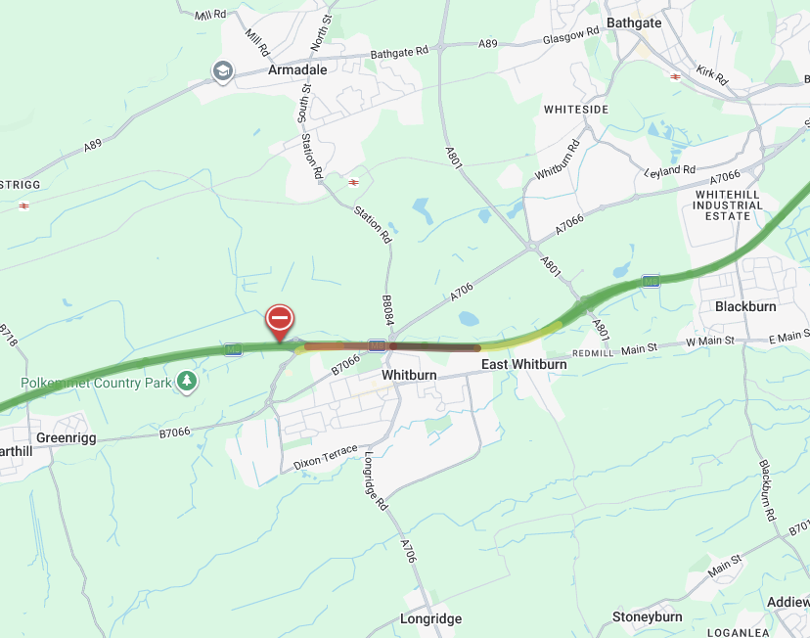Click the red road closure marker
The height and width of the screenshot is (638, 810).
pyautogui.click(x=280, y=319)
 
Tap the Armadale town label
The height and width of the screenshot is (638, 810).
pyautogui.click(x=297, y=70)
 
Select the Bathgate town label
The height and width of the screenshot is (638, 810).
pyautogui.click(x=634, y=23)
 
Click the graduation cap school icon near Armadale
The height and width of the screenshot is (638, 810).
pyautogui.click(x=223, y=70)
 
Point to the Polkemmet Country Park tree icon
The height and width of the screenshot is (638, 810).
pyautogui.click(x=186, y=382)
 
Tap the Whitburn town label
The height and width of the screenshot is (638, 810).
pyautogui.click(x=408, y=375)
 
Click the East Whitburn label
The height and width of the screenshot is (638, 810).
pyautogui.click(x=523, y=364)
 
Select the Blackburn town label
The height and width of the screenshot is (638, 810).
pyautogui.click(x=745, y=306)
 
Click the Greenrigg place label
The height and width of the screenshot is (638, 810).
pyautogui.click(x=67, y=437)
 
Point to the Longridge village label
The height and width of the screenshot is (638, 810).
pyautogui.click(x=430, y=618)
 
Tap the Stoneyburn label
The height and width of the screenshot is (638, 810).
pyautogui.click(x=647, y=616)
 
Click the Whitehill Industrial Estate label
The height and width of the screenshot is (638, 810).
pyautogui.click(x=728, y=205)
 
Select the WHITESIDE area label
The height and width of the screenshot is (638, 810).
pyautogui.click(x=576, y=110)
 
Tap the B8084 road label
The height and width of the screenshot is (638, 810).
pyautogui.click(x=388, y=313)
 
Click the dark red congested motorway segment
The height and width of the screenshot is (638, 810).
pyautogui.click(x=435, y=346)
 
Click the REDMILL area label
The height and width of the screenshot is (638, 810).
pyautogui.click(x=592, y=352)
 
